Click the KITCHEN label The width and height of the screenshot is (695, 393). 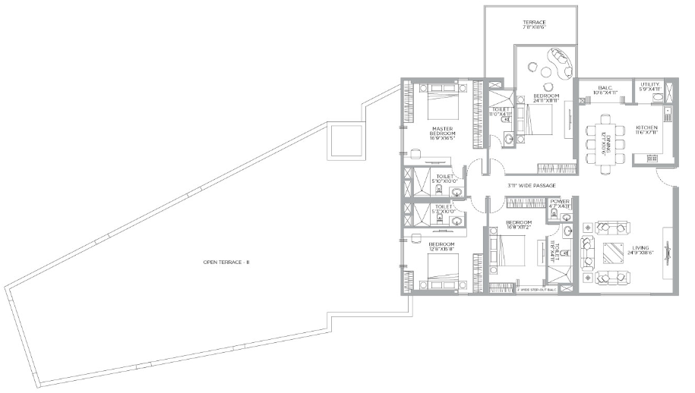click(646, 129)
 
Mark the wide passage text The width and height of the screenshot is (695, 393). click(532, 186)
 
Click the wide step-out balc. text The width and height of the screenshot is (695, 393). click(536, 290)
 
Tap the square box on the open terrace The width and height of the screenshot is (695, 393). click(346, 141)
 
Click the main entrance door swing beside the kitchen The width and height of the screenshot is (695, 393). click(665, 180)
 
